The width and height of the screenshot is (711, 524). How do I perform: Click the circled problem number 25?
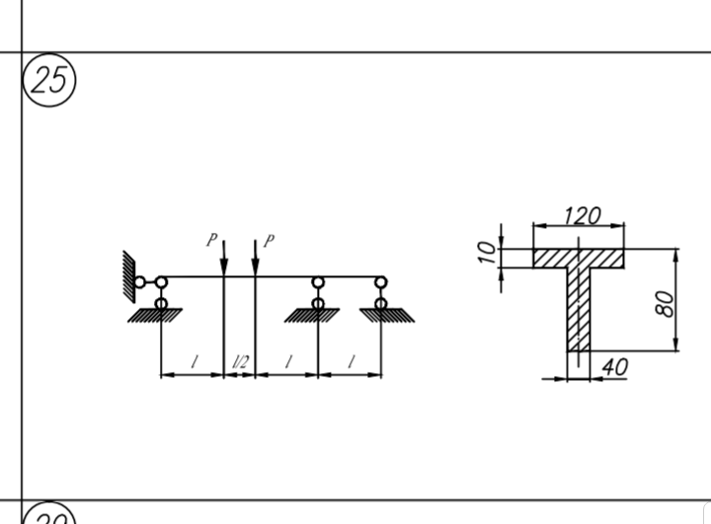(49, 80)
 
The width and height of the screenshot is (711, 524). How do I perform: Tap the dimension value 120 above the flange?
(583, 216)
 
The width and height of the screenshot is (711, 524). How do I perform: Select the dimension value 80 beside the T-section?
(665, 304)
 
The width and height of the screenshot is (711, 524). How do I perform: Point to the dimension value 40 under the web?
(615, 367)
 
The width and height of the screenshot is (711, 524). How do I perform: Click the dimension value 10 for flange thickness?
(487, 252)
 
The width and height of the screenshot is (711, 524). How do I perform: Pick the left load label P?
(211, 240)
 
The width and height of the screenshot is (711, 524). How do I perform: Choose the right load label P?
(269, 241)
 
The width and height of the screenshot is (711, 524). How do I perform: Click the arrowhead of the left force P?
(223, 267)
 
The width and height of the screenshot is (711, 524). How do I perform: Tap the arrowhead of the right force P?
(256, 267)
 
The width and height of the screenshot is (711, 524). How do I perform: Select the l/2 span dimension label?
(240, 362)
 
